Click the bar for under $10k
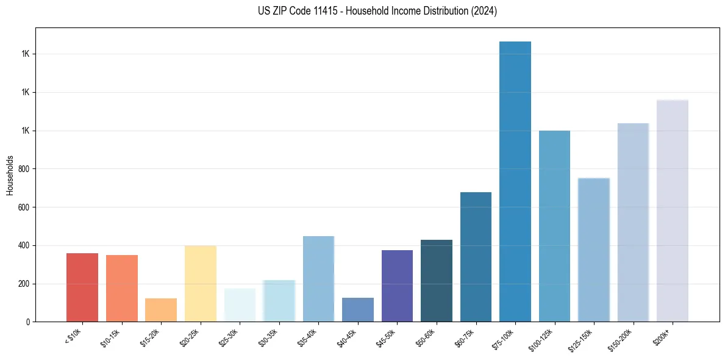82,287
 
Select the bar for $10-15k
122,288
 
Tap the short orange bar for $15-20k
161,310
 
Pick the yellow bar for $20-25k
201,284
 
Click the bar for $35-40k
318,279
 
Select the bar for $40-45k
358,310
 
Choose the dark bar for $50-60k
437,281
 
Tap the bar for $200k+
673,211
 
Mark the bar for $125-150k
594,250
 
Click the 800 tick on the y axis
24,169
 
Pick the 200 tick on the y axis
24,284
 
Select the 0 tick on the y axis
28,322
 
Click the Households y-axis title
10,175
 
